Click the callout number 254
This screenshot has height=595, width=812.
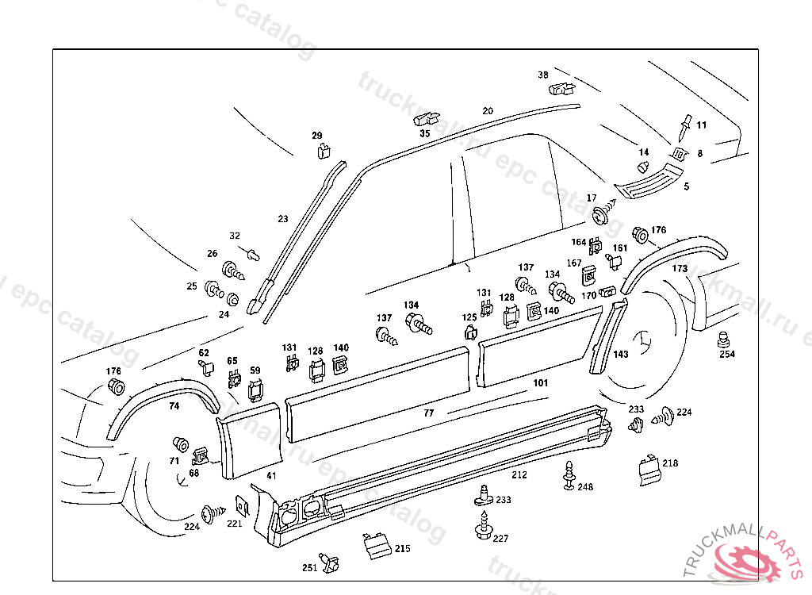[x=727, y=355]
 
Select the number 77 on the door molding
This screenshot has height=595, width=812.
[x=428, y=413]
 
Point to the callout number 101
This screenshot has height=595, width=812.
[x=540, y=383]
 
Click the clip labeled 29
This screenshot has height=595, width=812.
[x=324, y=150]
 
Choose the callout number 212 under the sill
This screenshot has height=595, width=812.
[x=519, y=475]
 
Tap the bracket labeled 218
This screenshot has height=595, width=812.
[x=648, y=468]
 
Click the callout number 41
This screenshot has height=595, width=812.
[x=271, y=475]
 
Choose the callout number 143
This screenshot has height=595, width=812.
[x=621, y=354]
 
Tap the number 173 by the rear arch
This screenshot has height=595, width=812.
[x=680, y=269]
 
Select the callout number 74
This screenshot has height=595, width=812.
[x=174, y=405]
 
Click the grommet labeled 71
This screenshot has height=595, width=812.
[x=180, y=444]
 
